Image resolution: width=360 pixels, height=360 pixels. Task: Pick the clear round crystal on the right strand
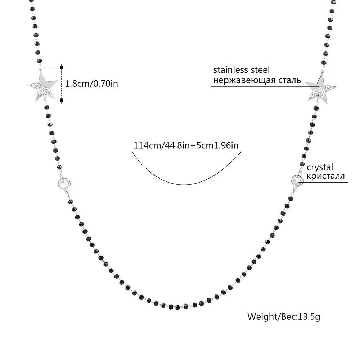[x=297, y=180]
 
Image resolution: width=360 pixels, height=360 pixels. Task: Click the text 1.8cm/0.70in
[x=91, y=84]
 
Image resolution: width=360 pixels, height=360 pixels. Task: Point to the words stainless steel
[x=241, y=70]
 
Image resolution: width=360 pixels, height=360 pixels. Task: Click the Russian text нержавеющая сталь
[x=257, y=80]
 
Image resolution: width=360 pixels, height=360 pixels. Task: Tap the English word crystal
[x=320, y=167]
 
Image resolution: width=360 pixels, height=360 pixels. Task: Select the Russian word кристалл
[x=326, y=176]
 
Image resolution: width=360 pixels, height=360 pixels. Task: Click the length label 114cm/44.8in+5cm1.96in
[x=186, y=145]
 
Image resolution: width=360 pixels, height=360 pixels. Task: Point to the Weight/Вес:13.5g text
[x=284, y=316]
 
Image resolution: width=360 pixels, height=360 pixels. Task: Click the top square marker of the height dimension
[x=62, y=67]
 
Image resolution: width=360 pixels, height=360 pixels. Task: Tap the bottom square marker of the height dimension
[x=62, y=100]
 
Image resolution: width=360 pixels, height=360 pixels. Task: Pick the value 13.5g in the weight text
[x=308, y=316]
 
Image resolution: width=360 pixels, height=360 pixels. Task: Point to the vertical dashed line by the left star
[x=62, y=84]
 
